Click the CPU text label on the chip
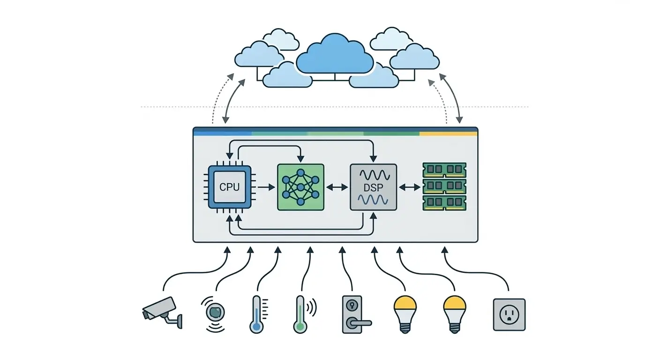(229, 187)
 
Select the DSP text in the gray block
(373, 187)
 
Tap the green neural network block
(300, 187)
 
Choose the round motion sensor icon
(215, 311)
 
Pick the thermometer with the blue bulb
(256, 315)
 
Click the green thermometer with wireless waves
(300, 315)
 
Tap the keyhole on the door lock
(352, 305)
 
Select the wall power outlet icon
(509, 315)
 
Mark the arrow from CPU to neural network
(266, 187)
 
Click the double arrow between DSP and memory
(409, 187)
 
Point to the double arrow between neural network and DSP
(337, 187)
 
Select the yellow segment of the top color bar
(448, 133)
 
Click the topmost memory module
(444, 169)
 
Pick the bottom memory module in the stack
(444, 202)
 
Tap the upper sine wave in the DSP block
(373, 175)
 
